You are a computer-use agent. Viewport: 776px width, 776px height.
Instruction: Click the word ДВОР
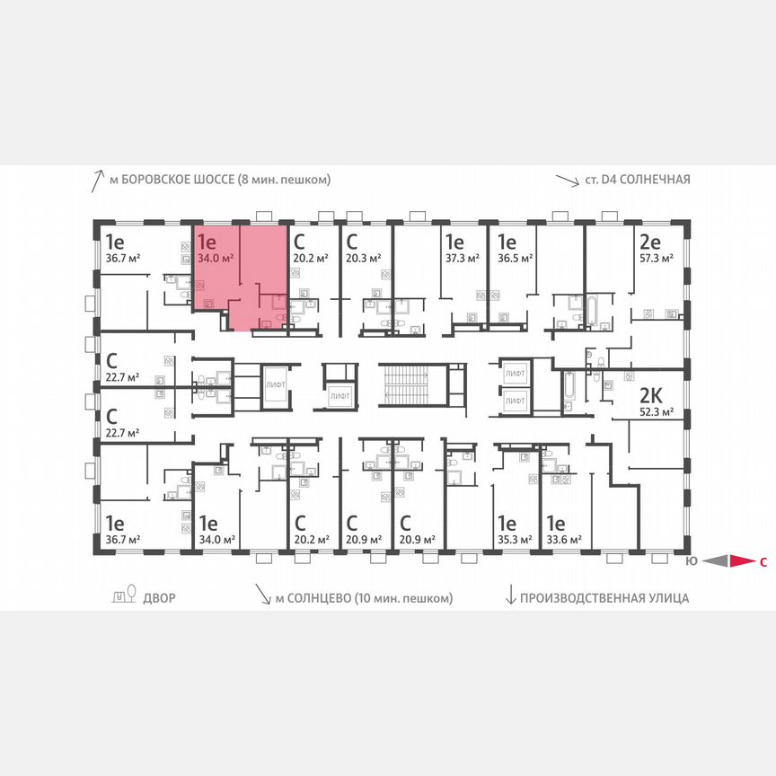click(159, 597)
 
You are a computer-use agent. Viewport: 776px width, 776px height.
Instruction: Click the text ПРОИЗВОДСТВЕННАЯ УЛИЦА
click(609, 597)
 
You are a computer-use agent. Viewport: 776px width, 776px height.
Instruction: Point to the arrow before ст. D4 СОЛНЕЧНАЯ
click(567, 180)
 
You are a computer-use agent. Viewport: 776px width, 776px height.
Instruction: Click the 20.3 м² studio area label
click(363, 257)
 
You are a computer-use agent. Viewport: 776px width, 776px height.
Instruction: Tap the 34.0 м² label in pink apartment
click(215, 257)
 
